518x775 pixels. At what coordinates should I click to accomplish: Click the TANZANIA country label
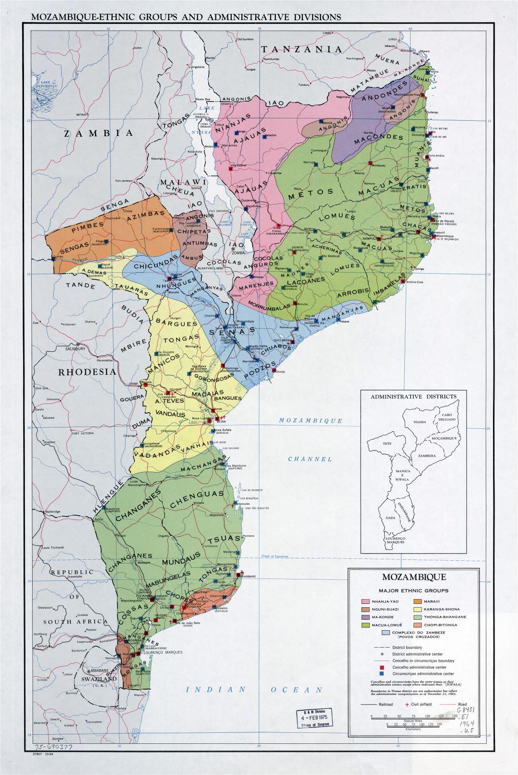(x=302, y=49)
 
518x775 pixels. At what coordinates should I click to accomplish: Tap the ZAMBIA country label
(x=98, y=133)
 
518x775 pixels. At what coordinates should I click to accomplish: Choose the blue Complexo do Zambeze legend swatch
(x=386, y=633)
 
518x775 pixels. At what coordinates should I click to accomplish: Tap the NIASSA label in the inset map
(x=419, y=423)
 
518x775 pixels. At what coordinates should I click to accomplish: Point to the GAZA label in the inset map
(x=389, y=519)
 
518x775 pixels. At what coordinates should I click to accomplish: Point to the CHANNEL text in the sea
(x=310, y=459)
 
